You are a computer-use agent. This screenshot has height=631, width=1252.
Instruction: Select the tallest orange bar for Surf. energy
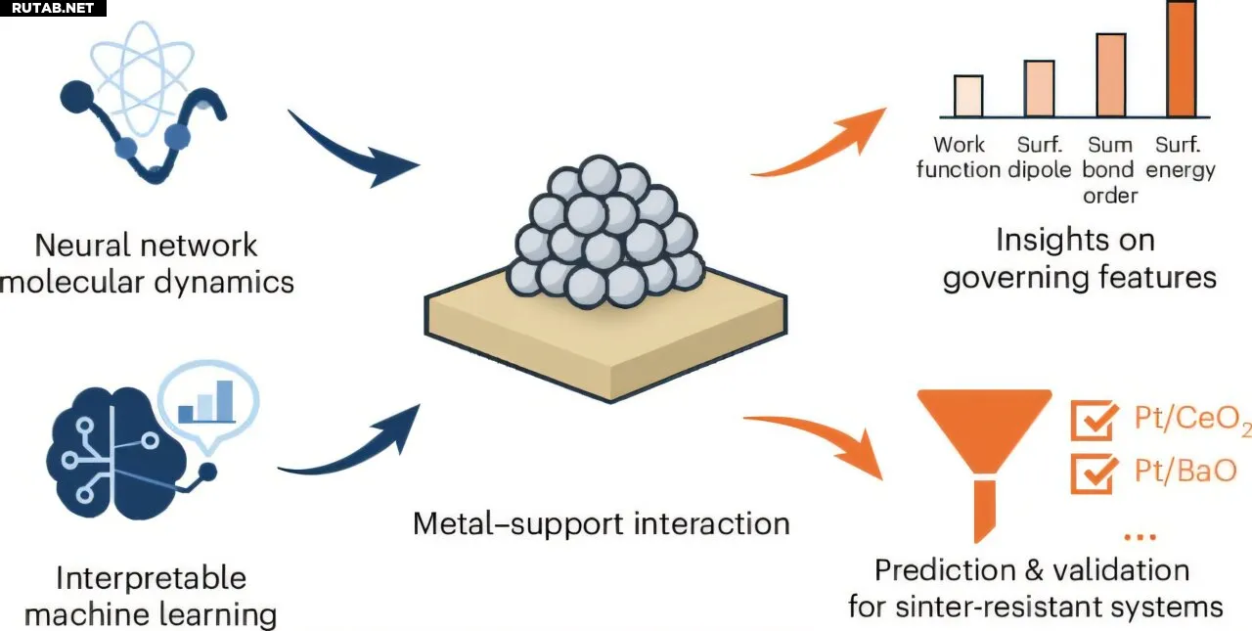1181,59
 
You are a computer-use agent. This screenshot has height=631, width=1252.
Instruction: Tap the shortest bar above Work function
967,96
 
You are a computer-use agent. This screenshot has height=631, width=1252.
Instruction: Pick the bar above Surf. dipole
1039,88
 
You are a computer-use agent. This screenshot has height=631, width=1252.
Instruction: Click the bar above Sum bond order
1110,75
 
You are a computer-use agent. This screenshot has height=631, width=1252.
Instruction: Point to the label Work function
959,157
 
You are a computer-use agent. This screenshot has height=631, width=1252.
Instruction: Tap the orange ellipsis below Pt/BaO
1140,536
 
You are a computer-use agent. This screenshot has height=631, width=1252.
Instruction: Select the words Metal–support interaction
601,523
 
